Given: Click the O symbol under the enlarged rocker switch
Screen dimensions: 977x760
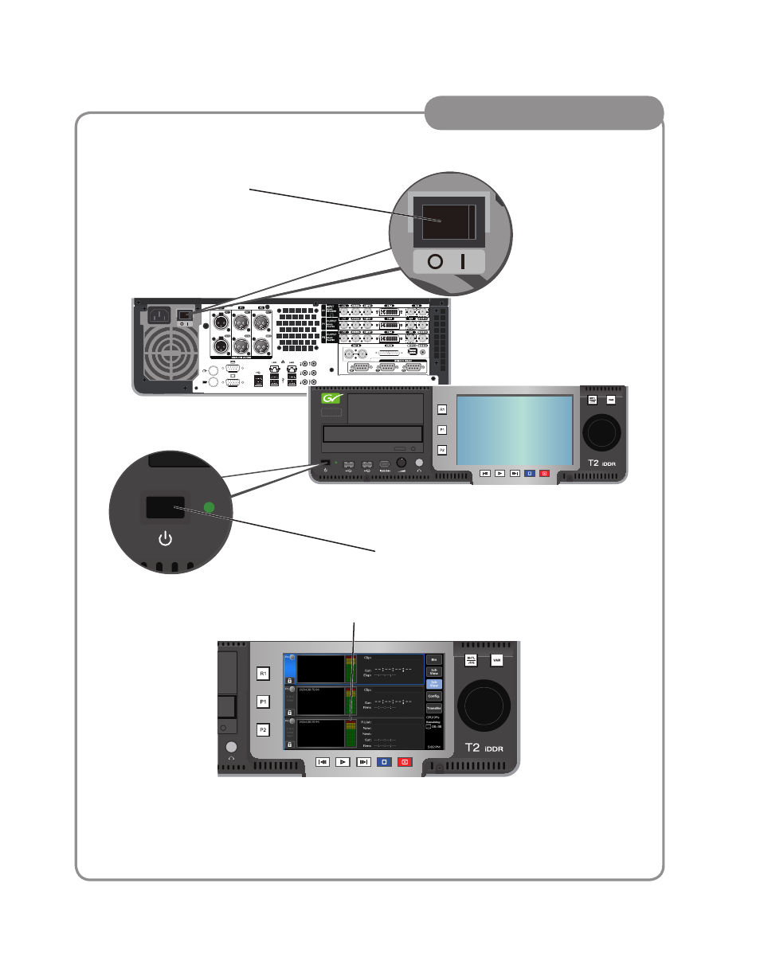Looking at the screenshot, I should pos(434,263).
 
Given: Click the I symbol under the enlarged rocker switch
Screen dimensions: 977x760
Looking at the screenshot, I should pos(462,263).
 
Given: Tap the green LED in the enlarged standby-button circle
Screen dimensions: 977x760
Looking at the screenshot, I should pos(210,507).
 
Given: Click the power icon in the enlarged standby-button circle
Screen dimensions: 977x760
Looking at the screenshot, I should pos(165,540).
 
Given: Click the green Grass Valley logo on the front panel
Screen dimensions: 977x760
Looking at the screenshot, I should pos(330,400).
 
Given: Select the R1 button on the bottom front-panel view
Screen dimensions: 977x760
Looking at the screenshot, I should pos(262,673).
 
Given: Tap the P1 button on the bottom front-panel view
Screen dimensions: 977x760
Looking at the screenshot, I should pos(262,701).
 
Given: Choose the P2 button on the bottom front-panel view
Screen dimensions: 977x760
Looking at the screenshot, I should pos(262,729).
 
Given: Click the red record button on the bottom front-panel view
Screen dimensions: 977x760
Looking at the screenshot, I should pos(405,761).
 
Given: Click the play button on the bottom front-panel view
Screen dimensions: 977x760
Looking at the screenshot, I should pos(343,761).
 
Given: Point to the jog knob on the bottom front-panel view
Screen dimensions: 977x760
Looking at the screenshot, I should pos(485,705).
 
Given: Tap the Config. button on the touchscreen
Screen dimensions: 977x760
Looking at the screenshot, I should pos(434,696).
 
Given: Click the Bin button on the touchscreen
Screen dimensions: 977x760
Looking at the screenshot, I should pos(434,659).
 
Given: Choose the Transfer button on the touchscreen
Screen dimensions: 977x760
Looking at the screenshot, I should pos(434,708).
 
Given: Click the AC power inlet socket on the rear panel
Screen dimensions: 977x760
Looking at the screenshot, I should pos(157,317).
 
